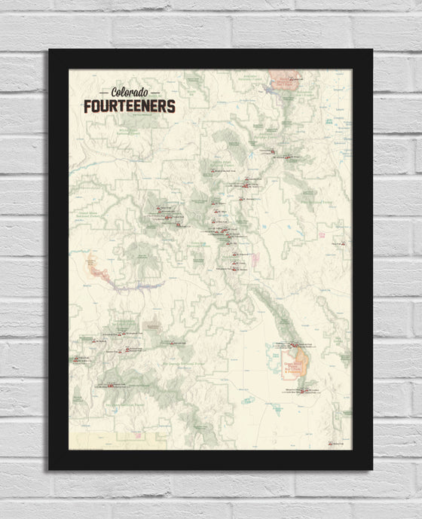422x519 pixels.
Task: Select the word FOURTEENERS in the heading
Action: tap(129, 105)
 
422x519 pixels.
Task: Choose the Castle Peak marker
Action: tap(179, 225)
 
